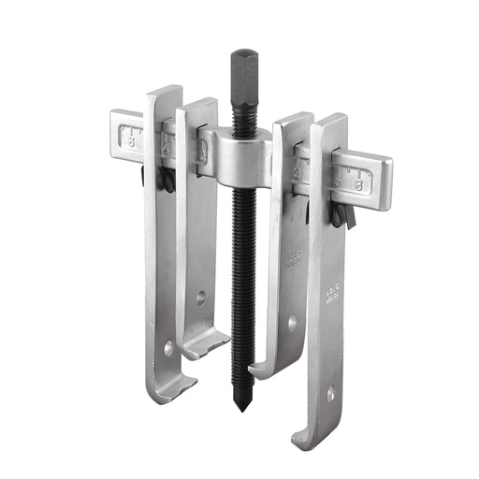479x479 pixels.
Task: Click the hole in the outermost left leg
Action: click(x=168, y=347)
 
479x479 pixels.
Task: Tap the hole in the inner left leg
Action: click(x=201, y=298)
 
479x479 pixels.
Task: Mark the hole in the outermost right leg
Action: click(x=329, y=396)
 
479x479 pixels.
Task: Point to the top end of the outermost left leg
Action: click(x=164, y=93)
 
